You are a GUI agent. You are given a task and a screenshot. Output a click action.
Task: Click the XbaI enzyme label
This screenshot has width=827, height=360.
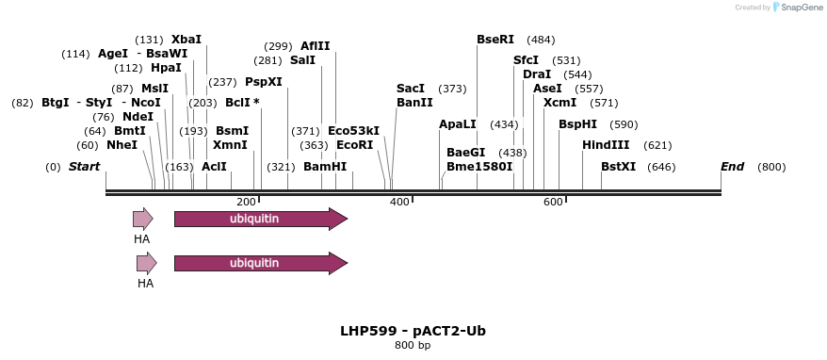click(186, 40)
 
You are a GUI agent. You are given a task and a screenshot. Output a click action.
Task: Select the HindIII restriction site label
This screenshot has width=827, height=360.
click(608, 145)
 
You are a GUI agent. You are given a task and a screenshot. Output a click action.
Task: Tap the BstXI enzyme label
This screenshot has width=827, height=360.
click(618, 167)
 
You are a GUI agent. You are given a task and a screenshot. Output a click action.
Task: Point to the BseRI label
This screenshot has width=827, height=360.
click(495, 40)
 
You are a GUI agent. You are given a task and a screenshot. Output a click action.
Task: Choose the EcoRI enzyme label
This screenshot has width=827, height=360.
click(354, 145)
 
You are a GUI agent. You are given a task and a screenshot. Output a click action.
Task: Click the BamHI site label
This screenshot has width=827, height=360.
click(325, 167)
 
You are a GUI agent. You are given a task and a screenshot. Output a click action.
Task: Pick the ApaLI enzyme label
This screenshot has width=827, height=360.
click(458, 124)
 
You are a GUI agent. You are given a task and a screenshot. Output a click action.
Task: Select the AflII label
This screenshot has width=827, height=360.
click(315, 46)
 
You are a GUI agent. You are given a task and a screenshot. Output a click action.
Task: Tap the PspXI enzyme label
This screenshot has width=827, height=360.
click(264, 82)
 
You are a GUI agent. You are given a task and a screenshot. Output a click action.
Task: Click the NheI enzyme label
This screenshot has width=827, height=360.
click(122, 145)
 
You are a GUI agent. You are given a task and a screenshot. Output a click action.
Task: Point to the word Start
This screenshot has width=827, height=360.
click(84, 167)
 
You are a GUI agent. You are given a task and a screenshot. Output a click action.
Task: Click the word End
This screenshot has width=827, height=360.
click(732, 167)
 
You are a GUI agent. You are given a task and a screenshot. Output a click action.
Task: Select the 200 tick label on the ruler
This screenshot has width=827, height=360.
click(246, 202)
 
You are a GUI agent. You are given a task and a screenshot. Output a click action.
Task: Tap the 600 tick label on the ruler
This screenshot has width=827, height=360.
click(552, 202)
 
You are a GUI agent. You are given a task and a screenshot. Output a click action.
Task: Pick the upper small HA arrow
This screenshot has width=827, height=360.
click(142, 220)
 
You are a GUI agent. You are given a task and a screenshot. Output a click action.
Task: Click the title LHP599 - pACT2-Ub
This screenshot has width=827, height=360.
click(413, 332)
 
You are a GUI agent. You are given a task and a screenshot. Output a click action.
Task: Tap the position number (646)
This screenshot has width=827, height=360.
click(662, 167)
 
